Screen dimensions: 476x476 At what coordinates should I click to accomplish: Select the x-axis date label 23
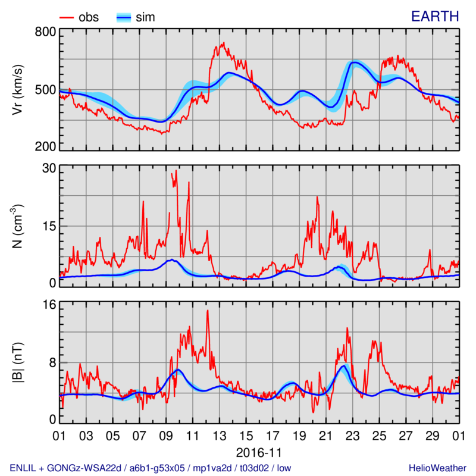(x=353, y=436)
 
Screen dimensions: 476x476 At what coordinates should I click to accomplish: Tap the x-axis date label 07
(x=139, y=436)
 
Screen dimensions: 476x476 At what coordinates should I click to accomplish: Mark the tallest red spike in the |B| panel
(x=208, y=311)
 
